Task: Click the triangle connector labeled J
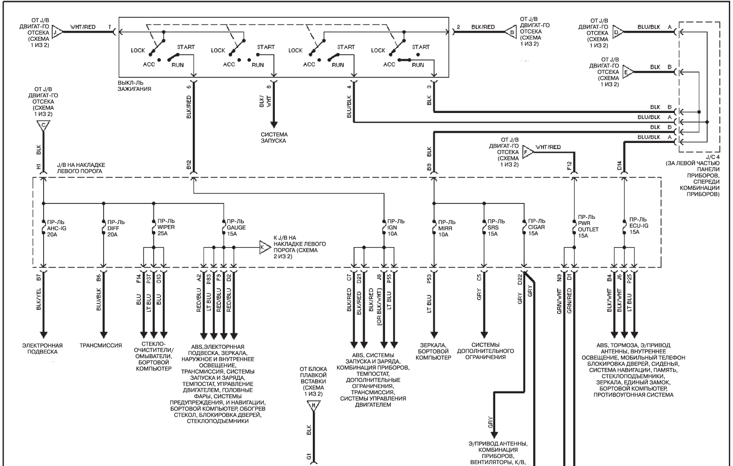pyautogui.click(x=57, y=32)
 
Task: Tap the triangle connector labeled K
pyautogui.click(x=264, y=248)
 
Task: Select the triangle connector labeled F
pyautogui.click(x=528, y=152)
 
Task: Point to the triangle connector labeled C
pyautogui.click(x=43, y=126)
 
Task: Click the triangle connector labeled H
pyautogui.click(x=313, y=406)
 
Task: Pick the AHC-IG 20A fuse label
pyautogui.click(x=57, y=228)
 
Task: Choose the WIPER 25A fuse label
pyautogui.click(x=166, y=227)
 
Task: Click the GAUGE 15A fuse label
pyautogui.click(x=236, y=227)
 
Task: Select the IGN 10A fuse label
pyautogui.click(x=396, y=227)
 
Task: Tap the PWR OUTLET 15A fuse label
pyautogui.click(x=588, y=226)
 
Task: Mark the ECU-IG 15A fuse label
pyautogui.click(x=638, y=225)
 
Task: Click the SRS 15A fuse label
pyautogui.click(x=496, y=227)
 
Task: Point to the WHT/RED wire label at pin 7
pyautogui.click(x=83, y=27)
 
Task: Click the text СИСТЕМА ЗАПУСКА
pyautogui.click(x=274, y=138)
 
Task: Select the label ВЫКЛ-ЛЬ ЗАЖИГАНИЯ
pyautogui.click(x=135, y=86)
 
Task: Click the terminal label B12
pyautogui.click(x=189, y=165)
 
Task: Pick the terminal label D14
pyautogui.click(x=619, y=165)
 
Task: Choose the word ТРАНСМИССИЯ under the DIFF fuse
pyautogui.click(x=101, y=346)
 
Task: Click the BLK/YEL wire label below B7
pyautogui.click(x=38, y=299)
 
